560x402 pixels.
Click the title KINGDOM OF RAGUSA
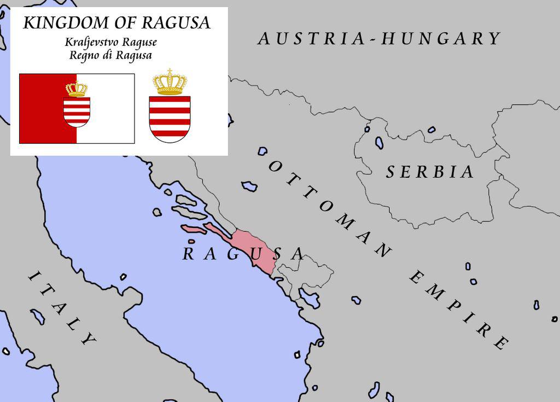pyautogui.click(x=116, y=23)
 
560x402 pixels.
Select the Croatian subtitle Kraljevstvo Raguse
pyautogui.click(x=110, y=42)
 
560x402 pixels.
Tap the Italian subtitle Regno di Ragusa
pyautogui.click(x=110, y=55)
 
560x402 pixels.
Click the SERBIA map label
pyautogui.click(x=430, y=172)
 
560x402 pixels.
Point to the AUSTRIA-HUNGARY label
pyautogui.click(x=379, y=39)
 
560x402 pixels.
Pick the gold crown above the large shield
pyautogui.click(x=170, y=82)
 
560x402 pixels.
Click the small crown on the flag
pyautogui.click(x=77, y=89)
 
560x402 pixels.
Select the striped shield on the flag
pyautogui.click(x=77, y=111)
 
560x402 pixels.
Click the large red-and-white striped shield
pyautogui.click(x=170, y=118)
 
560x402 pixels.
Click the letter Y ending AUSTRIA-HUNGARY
pyautogui.click(x=494, y=39)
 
